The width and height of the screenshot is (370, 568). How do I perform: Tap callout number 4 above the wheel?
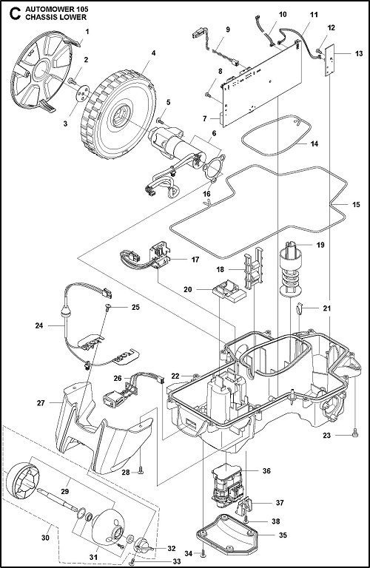pos(152,53)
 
